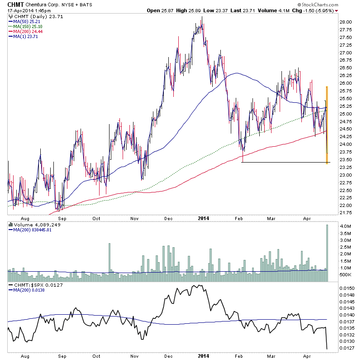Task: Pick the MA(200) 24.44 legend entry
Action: (x=29, y=32)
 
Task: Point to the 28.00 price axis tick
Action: (x=345, y=22)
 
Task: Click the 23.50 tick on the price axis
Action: (x=345, y=159)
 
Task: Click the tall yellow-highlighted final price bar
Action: (x=327, y=125)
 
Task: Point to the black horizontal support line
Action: (x=285, y=162)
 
